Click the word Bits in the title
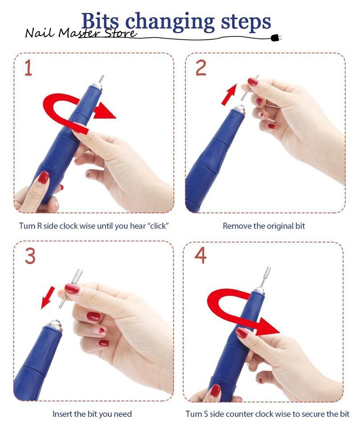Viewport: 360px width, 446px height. (x=100, y=21)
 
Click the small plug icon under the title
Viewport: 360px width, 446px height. (x=276, y=38)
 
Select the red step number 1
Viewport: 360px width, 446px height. (x=28, y=68)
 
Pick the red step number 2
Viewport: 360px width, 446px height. (x=201, y=68)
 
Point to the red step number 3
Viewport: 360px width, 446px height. (x=30, y=256)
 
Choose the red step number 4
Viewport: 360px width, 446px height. (x=200, y=255)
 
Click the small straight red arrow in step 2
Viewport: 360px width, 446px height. (x=229, y=95)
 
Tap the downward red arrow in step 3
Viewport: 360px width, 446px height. (x=48, y=297)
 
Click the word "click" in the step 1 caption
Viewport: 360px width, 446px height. (x=158, y=226)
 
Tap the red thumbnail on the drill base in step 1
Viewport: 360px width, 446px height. (x=43, y=178)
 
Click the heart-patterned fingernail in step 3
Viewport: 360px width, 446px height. (x=98, y=330)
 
